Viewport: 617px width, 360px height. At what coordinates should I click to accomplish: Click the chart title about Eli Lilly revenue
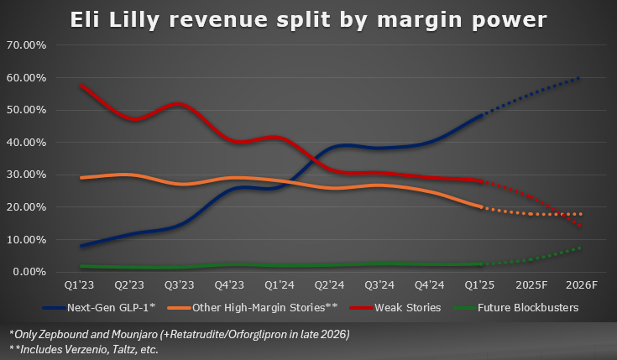click(308, 18)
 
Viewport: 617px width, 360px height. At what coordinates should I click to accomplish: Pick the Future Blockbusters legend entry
click(520, 308)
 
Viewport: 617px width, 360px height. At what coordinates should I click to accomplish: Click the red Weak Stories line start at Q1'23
click(81, 86)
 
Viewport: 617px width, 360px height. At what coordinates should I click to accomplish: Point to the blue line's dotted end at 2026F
click(579, 78)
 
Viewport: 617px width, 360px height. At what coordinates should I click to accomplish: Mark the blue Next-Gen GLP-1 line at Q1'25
click(480, 116)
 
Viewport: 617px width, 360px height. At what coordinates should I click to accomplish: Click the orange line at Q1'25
click(480, 206)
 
